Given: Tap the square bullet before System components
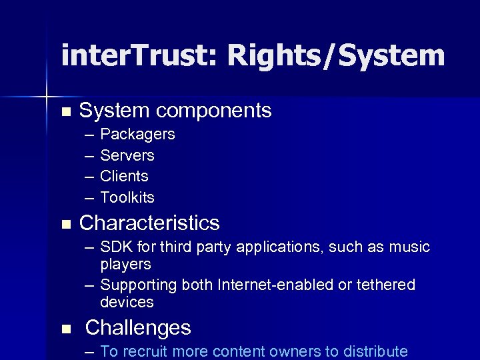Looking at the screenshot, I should [65, 111].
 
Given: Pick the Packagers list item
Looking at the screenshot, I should [137, 135].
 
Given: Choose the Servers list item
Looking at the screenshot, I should [127, 156].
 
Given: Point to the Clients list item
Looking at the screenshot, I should [124, 177].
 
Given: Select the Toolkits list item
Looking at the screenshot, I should [127, 198].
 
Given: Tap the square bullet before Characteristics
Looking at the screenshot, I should [65, 224].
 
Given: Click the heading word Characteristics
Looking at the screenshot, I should [149, 223].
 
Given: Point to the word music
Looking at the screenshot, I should [409, 247].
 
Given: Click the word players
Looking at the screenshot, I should [126, 264].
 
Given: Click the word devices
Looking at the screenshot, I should [127, 302].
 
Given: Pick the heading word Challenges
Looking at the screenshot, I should [138, 328].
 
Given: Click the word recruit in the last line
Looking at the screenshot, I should [148, 351].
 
